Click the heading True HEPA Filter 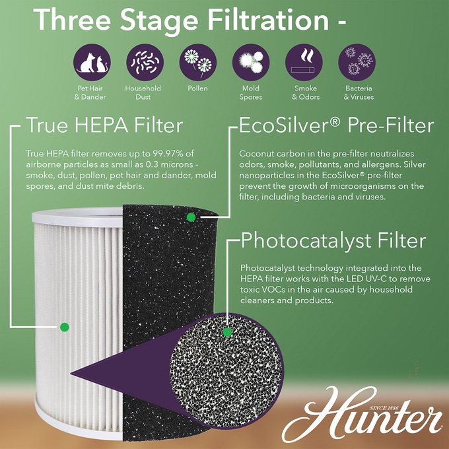105,125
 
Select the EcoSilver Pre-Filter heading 336,125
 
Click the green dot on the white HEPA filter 64,326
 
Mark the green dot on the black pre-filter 191,217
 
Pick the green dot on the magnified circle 227,332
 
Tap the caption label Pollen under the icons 197,88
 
